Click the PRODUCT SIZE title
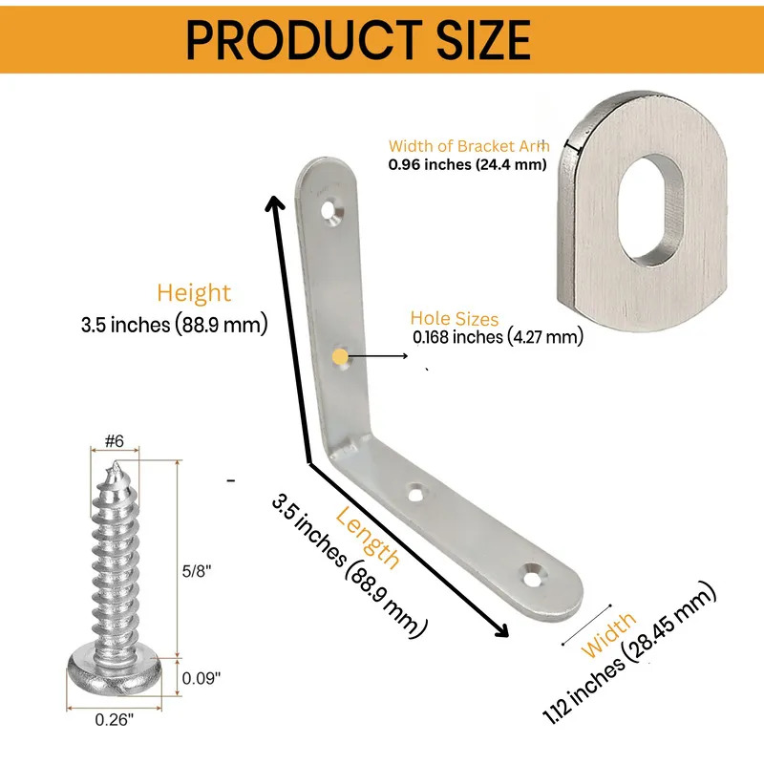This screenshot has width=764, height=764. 357,40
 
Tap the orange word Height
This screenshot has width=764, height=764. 194,293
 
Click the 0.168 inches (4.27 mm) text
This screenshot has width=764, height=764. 498,336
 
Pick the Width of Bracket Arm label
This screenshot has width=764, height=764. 468,146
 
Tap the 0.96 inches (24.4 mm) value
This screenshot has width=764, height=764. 467,164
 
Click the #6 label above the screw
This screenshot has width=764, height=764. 114,441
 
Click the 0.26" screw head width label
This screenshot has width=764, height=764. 115,720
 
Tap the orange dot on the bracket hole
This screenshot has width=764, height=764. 340,356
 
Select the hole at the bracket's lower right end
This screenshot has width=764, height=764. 533,574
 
